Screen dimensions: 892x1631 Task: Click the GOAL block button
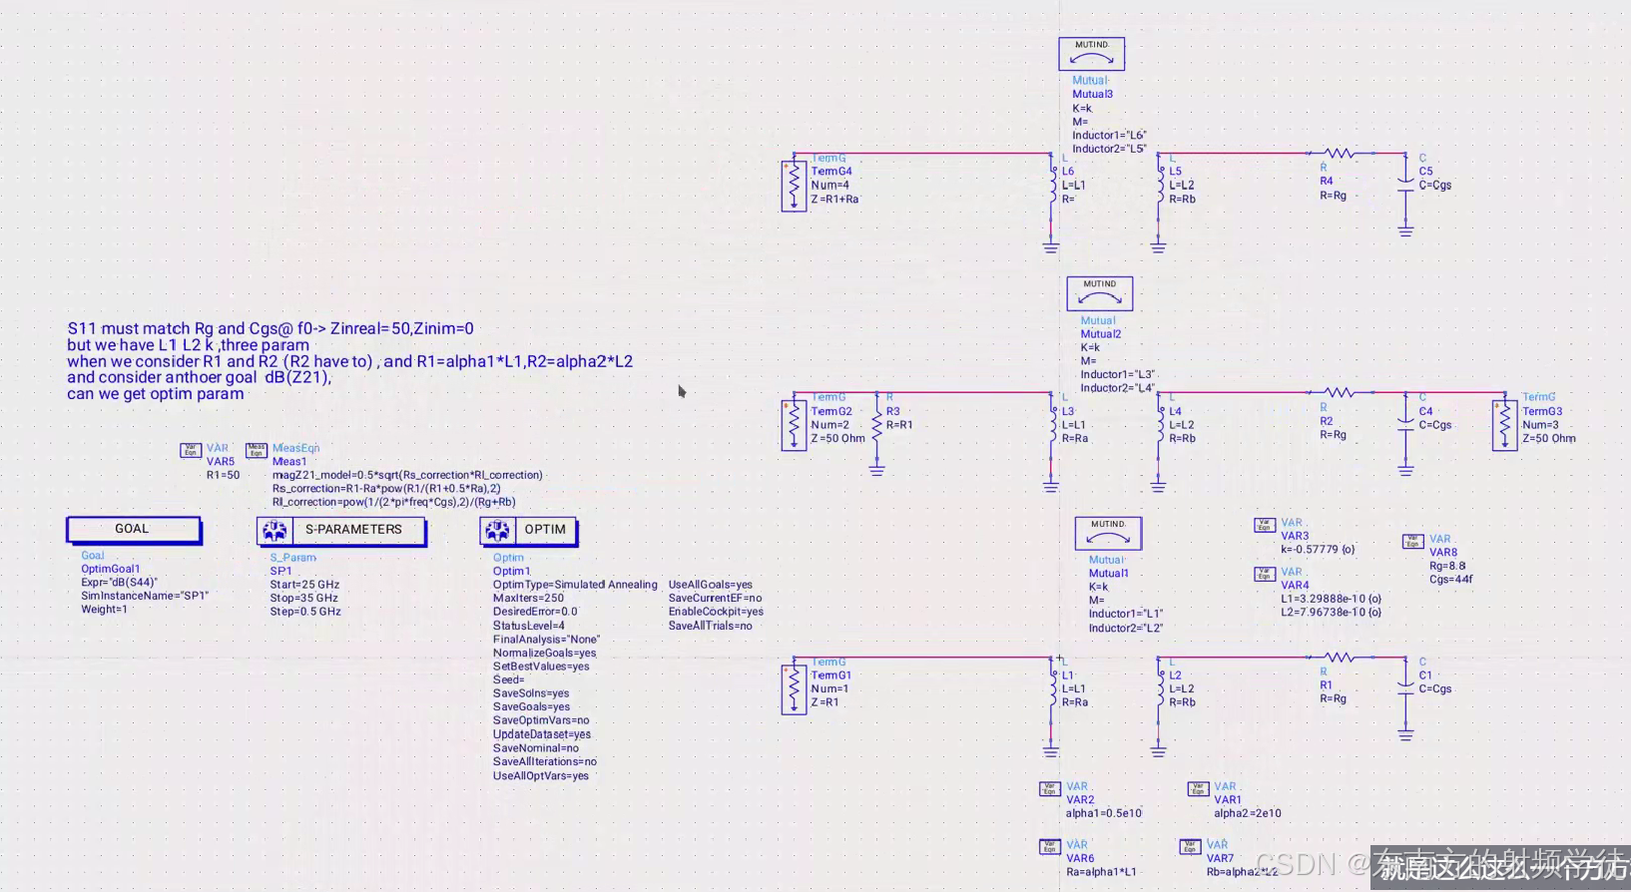click(133, 530)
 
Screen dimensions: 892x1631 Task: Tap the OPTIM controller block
click(528, 531)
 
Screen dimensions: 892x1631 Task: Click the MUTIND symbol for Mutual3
click(1091, 54)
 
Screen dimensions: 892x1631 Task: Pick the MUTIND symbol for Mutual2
click(1099, 293)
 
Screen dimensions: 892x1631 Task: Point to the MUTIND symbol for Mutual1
click(1107, 533)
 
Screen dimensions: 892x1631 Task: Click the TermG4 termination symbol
click(794, 185)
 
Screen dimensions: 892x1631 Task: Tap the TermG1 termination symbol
click(794, 688)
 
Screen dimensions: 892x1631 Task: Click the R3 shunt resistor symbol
click(876, 425)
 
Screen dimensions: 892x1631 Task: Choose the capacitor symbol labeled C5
click(1405, 186)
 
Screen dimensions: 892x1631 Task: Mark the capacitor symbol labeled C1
click(1405, 689)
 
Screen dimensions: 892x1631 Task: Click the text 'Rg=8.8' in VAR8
click(1447, 566)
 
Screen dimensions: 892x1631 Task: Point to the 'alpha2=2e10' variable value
click(1247, 813)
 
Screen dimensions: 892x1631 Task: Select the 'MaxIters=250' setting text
click(528, 598)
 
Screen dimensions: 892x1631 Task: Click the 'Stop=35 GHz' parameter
click(303, 598)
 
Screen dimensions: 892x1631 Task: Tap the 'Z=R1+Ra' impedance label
click(834, 200)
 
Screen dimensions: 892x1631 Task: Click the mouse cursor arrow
click(681, 390)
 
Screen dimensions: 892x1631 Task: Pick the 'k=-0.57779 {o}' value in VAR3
click(1318, 550)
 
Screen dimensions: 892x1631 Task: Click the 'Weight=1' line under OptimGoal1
click(104, 610)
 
